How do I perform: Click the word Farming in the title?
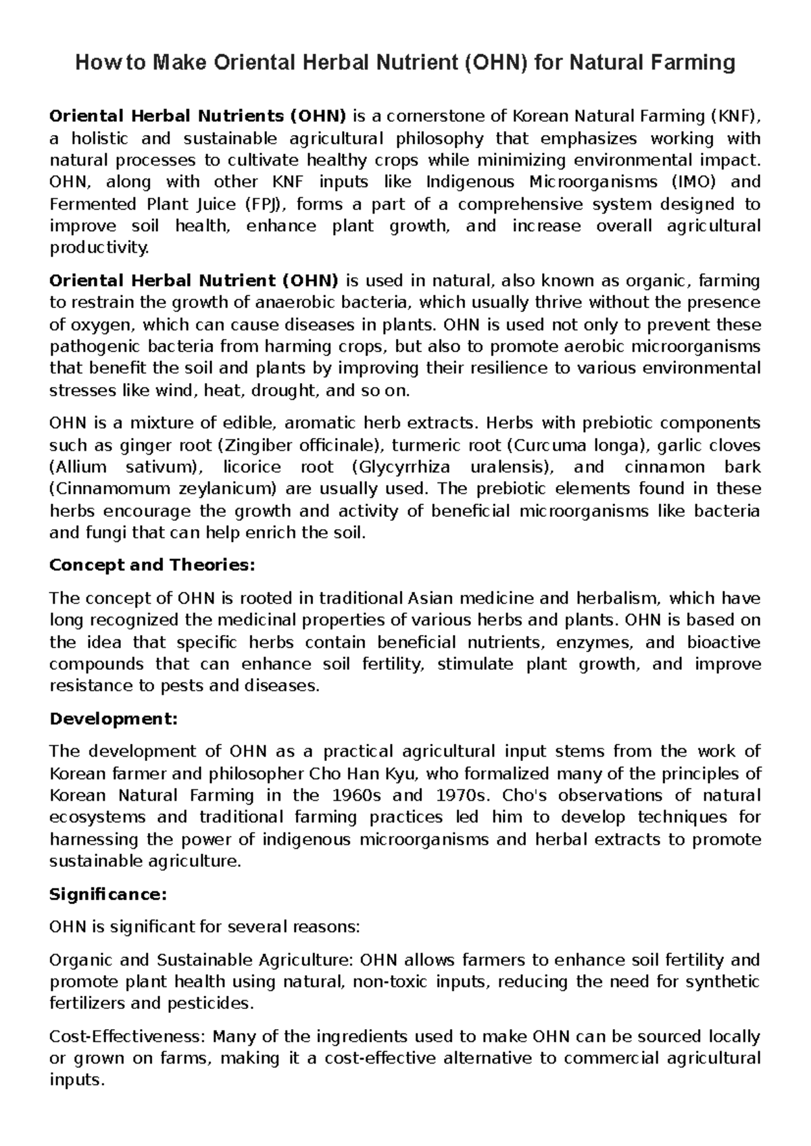(x=692, y=63)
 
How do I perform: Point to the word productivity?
(x=99, y=248)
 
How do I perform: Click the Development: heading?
(x=114, y=719)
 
